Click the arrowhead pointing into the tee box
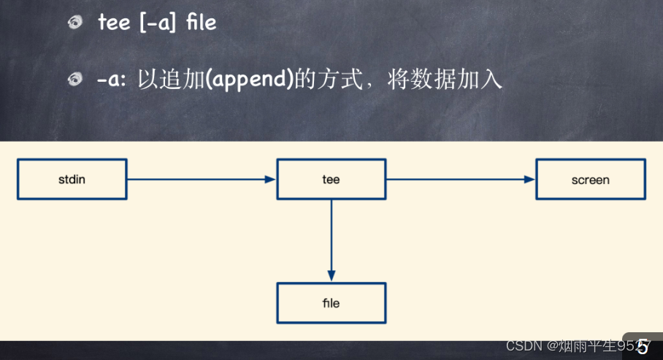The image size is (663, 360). click(270, 180)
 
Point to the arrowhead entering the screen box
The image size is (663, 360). click(529, 180)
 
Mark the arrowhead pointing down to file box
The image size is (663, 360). click(331, 276)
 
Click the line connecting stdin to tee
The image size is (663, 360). click(202, 180)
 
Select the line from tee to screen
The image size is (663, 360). click(461, 180)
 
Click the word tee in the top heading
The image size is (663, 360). click(114, 23)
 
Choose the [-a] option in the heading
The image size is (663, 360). click(157, 23)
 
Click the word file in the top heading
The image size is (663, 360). click(202, 22)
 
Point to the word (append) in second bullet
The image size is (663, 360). click(250, 80)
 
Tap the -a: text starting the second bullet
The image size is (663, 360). click(112, 80)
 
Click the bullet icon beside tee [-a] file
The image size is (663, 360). click(75, 22)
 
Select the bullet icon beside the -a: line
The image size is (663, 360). click(75, 79)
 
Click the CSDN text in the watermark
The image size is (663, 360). click(524, 346)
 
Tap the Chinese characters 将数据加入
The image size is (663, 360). click(445, 79)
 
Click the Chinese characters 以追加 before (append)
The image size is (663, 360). click(172, 79)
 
